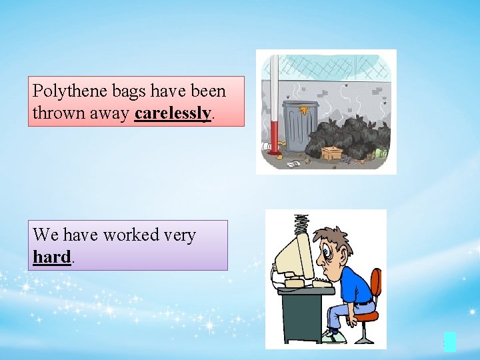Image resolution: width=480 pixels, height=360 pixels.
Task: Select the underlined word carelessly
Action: [173, 113]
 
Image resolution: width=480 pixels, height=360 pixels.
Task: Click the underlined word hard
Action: [51, 257]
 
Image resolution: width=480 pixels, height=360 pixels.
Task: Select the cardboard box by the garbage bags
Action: [331, 153]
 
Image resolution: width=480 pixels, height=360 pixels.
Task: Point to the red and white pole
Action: [273, 107]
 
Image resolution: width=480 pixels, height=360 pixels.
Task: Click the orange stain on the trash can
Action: [305, 109]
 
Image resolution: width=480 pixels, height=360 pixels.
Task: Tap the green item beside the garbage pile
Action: [381, 153]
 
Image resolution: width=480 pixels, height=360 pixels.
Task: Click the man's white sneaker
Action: [331, 337]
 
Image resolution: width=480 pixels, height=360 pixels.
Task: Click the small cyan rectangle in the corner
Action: [450, 341]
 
